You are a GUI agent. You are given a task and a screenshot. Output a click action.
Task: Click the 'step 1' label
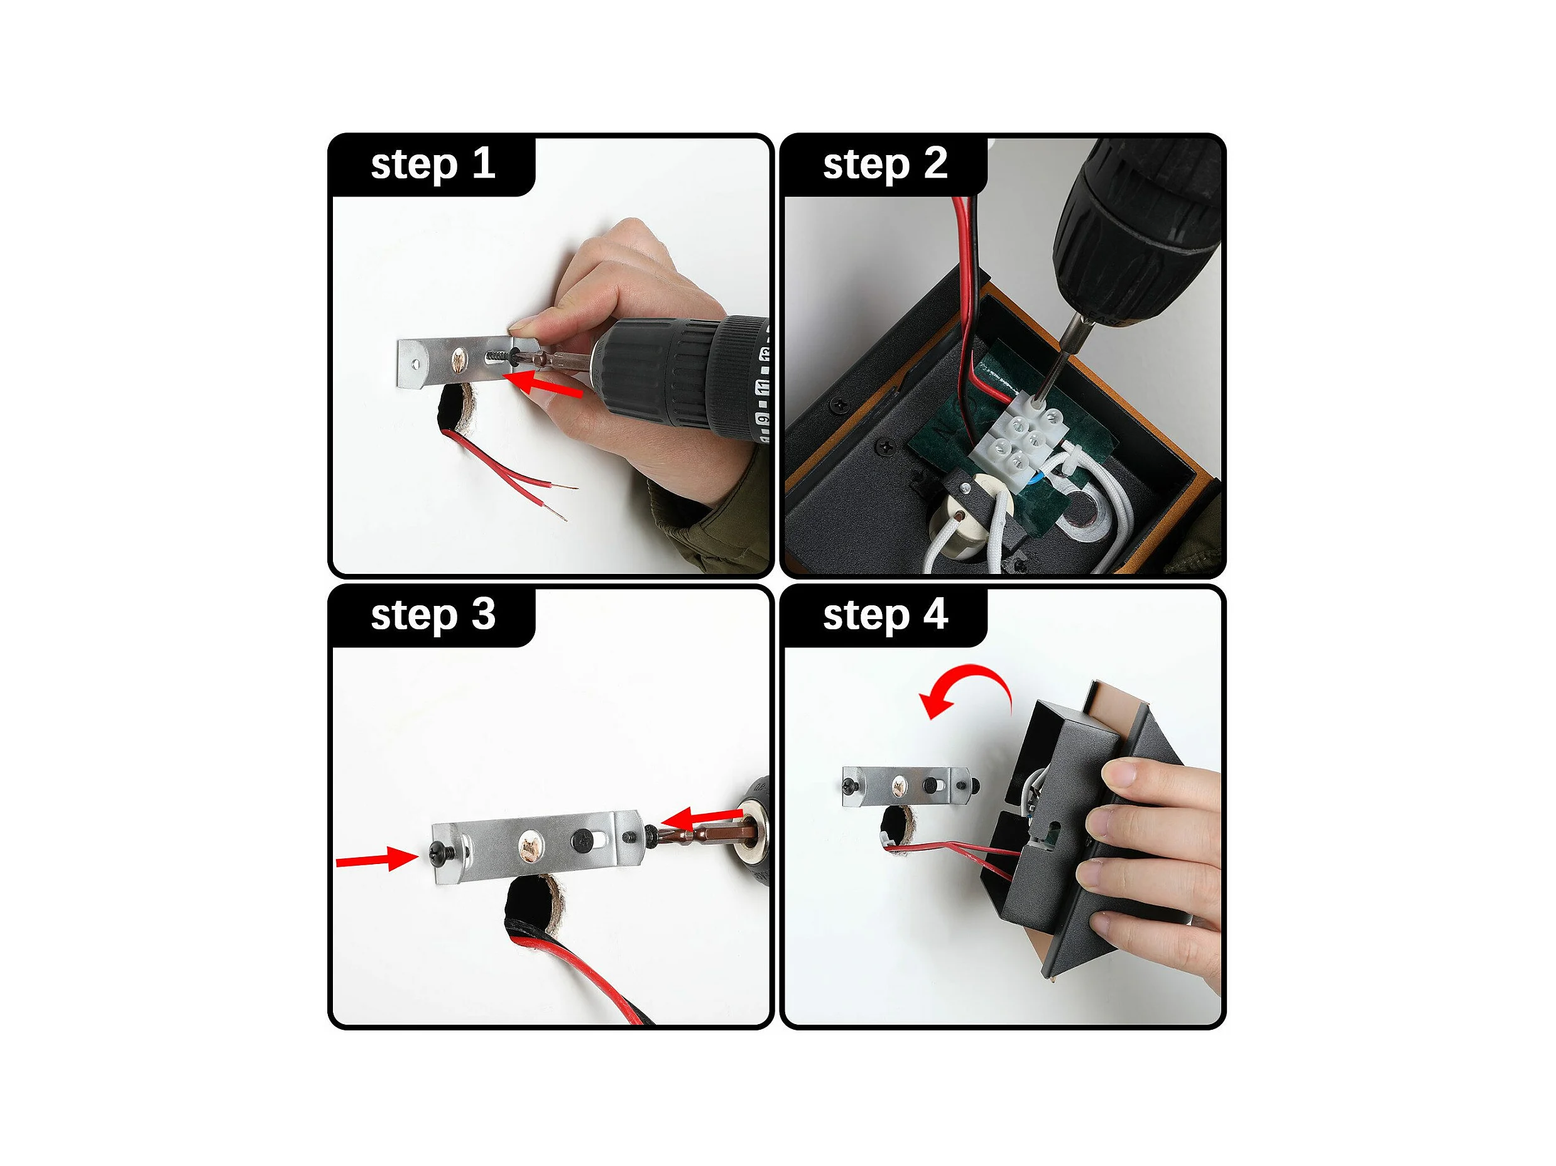(x=433, y=165)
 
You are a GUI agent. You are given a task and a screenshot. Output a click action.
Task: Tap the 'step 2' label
(x=885, y=165)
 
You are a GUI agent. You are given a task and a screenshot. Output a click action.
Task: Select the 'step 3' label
(x=433, y=615)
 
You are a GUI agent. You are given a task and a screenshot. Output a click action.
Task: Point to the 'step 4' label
(x=885, y=615)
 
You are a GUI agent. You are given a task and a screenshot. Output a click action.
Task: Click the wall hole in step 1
(x=456, y=408)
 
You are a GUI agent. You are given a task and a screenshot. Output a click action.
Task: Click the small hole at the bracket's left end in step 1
(x=416, y=365)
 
